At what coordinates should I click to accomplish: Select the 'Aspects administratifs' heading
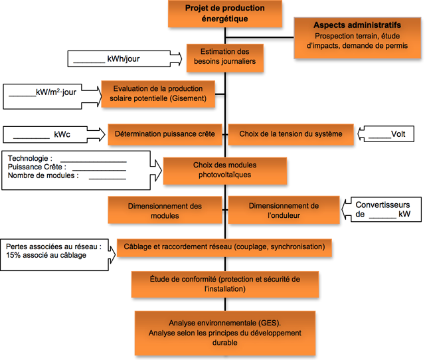359,25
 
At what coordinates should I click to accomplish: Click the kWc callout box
46,134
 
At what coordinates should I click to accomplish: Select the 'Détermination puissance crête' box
165,134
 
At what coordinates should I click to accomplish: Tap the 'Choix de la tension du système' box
290,134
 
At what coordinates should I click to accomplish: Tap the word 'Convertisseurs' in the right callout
383,205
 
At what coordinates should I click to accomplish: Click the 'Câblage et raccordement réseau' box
224,247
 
